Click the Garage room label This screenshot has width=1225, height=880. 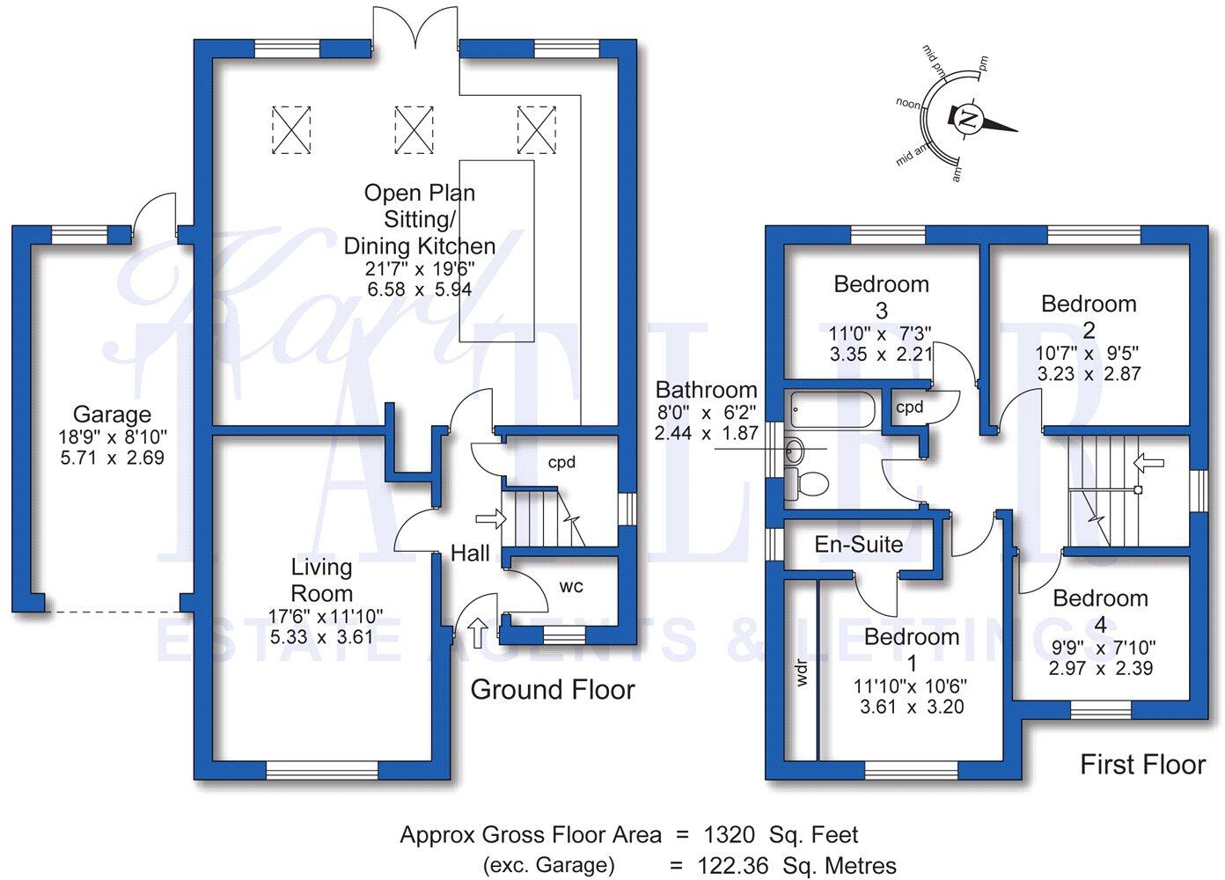point(111,414)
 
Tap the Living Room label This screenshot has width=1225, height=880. point(322,580)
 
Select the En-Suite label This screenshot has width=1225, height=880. point(858,544)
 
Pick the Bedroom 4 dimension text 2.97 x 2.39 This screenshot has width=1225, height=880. point(1100,667)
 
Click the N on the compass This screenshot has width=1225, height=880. point(967,120)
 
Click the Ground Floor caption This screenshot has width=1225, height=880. point(552,689)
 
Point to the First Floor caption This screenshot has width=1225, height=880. point(1141,764)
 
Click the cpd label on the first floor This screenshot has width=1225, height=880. point(909,407)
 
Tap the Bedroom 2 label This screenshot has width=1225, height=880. point(1089,316)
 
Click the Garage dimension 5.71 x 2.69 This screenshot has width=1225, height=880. point(111,458)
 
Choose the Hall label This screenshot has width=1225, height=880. point(470,553)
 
